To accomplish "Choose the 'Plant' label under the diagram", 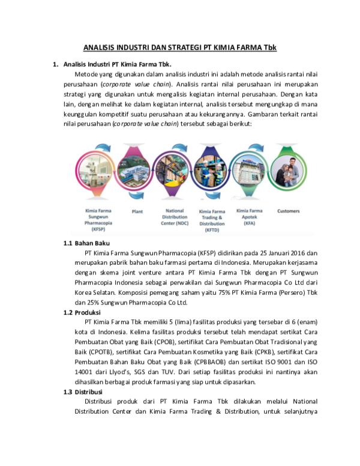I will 136,211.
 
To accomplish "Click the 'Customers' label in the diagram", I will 289,211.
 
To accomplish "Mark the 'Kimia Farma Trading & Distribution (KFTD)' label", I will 212,220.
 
